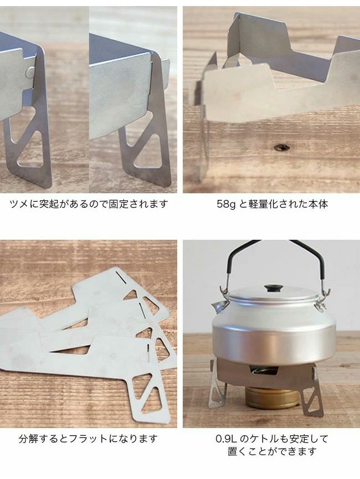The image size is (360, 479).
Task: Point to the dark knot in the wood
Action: (x=281, y=147)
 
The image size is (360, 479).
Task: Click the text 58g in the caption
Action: (x=226, y=204)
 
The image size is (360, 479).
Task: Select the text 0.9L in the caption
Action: (x=226, y=439)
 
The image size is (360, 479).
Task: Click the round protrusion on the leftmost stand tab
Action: (x=30, y=73)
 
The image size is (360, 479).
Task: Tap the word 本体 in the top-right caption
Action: (x=318, y=204)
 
